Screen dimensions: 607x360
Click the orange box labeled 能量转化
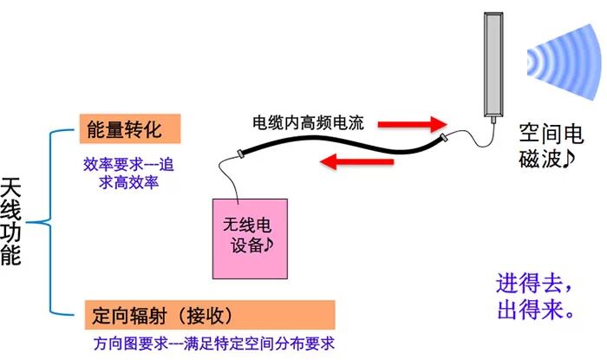pyautogui.click(x=129, y=128)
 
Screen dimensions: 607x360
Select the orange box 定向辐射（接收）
pyautogui.click(x=209, y=314)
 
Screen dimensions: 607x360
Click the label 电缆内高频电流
pyautogui.click(x=313, y=123)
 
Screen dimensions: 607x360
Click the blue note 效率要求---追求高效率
pyautogui.click(x=129, y=172)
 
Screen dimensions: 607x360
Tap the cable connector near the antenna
pyautogui.click(x=444, y=137)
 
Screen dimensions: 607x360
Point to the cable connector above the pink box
pyautogui.click(x=243, y=154)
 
